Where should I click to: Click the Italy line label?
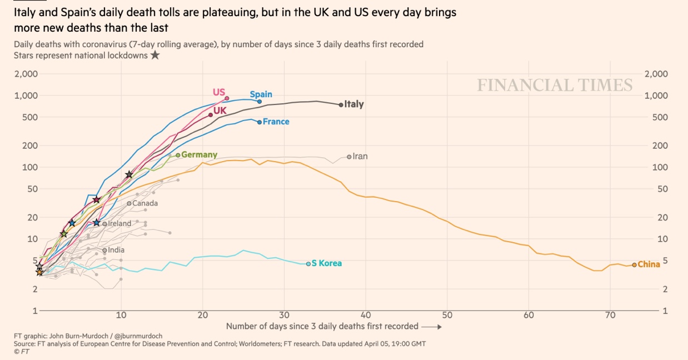(354, 104)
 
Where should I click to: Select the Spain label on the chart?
(261, 94)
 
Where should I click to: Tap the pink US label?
(219, 92)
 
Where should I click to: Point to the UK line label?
(220, 111)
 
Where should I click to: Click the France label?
(276, 122)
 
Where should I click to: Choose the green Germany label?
(199, 155)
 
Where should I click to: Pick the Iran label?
(360, 156)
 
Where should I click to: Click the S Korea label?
(327, 263)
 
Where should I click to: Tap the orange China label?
(649, 264)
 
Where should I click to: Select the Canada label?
(145, 203)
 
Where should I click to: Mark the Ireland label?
(119, 223)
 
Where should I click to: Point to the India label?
(116, 250)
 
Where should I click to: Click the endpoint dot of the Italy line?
(341, 104)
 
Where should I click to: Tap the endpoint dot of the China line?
(634, 265)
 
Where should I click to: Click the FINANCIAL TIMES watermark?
(555, 85)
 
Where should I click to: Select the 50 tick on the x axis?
(447, 316)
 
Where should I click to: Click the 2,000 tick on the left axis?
(26, 74)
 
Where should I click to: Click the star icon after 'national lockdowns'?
(155, 55)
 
